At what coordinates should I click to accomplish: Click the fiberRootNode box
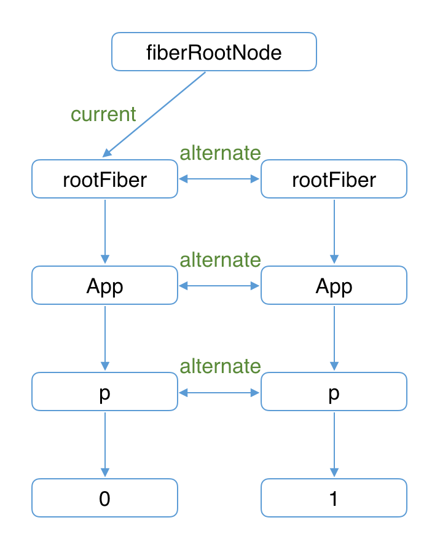(x=214, y=52)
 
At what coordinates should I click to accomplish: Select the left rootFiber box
(x=104, y=179)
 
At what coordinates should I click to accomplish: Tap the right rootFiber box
(x=334, y=179)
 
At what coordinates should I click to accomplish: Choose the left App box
(x=104, y=285)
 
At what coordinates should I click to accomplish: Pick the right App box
(x=334, y=285)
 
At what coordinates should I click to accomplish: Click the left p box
(x=104, y=392)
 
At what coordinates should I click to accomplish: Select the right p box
(x=334, y=392)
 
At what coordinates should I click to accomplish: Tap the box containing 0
(x=104, y=498)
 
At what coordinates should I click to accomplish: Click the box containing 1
(x=334, y=498)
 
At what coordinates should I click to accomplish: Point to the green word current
(x=103, y=114)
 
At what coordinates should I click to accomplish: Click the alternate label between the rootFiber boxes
(x=220, y=152)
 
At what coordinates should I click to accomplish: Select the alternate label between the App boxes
(x=220, y=259)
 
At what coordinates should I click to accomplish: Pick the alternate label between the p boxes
(x=220, y=366)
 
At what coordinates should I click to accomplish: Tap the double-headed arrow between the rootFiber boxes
(x=219, y=179)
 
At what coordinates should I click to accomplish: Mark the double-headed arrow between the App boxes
(x=219, y=286)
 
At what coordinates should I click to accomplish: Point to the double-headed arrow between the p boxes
(x=219, y=392)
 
